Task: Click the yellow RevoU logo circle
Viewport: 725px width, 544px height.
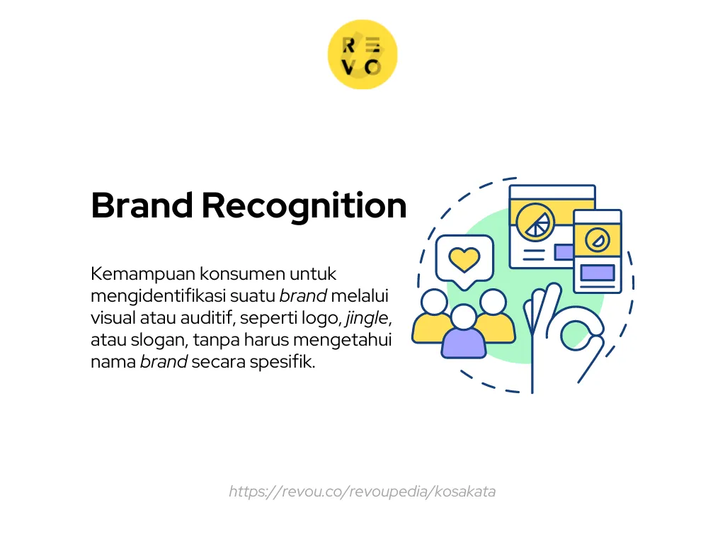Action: pyautogui.click(x=362, y=55)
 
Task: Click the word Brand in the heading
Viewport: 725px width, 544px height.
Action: pyautogui.click(x=142, y=206)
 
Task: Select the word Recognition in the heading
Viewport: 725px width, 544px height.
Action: pyautogui.click(x=304, y=206)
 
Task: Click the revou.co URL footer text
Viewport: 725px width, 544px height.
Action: pyautogui.click(x=362, y=491)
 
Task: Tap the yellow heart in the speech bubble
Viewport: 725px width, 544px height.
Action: pyautogui.click(x=464, y=260)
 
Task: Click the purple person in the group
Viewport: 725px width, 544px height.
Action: pyautogui.click(x=464, y=333)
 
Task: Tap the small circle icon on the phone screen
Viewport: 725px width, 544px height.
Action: pyautogui.click(x=598, y=240)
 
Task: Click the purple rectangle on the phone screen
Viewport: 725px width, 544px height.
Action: pyautogui.click(x=597, y=273)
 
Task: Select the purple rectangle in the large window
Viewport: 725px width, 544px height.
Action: pyautogui.click(x=564, y=251)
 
